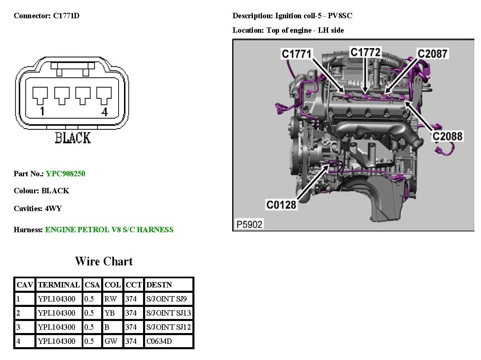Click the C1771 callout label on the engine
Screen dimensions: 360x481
click(296, 54)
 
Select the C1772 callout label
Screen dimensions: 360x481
click(365, 52)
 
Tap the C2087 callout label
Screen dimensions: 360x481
click(432, 54)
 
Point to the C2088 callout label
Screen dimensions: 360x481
click(447, 136)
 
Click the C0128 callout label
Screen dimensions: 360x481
click(281, 204)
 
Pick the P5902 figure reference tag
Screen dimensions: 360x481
click(249, 224)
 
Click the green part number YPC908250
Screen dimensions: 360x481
click(66, 174)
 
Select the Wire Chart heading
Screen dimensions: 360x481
click(104, 261)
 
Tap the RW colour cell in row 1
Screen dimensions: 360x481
click(111, 299)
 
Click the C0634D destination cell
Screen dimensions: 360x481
click(159, 341)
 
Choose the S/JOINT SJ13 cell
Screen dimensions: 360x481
click(168, 313)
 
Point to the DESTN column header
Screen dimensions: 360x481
click(159, 285)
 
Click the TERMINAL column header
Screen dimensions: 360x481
click(59, 285)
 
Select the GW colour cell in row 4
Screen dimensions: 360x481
click(111, 341)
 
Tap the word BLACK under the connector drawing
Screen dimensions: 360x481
click(73, 138)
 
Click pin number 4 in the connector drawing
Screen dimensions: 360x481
click(104, 112)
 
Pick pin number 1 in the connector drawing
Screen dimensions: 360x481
click(42, 112)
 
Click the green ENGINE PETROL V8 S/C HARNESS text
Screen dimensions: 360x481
click(109, 230)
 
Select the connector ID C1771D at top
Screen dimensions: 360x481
click(66, 16)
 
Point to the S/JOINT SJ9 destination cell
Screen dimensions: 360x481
click(166, 299)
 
